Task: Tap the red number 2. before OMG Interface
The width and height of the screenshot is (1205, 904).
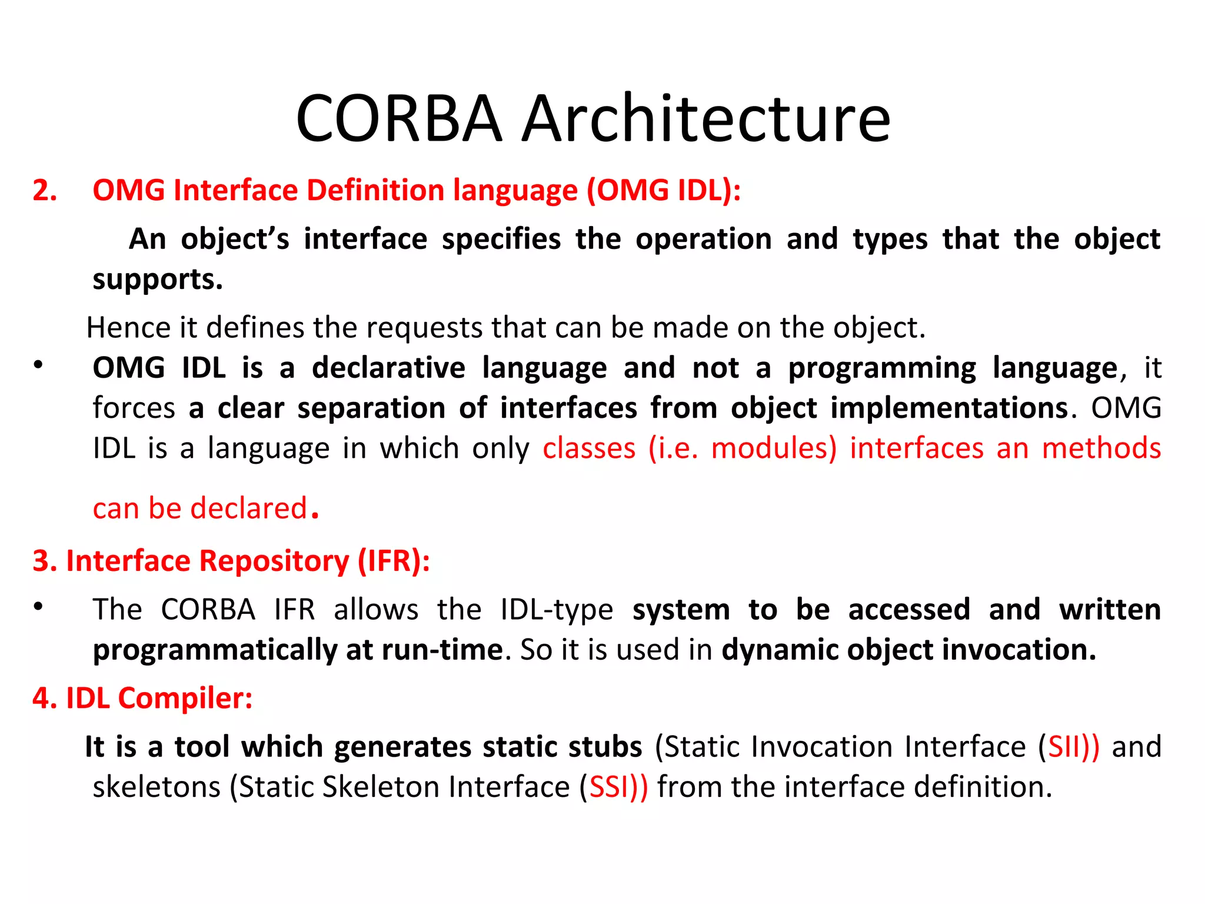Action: [x=45, y=191]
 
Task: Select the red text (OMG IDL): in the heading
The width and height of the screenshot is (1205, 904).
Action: [x=664, y=191]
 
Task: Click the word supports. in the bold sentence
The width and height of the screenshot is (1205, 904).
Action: [x=158, y=279]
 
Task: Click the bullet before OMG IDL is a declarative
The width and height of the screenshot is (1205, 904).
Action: [x=38, y=365]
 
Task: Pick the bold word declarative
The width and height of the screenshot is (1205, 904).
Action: [x=388, y=368]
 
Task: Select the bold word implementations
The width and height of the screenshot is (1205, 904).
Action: [x=949, y=408]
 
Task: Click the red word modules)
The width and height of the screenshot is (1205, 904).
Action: [x=773, y=448]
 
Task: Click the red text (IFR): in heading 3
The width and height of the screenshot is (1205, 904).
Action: [x=394, y=561]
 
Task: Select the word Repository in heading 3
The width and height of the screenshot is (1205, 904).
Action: [x=274, y=561]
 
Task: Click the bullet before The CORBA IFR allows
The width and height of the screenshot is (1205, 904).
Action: [x=38, y=607]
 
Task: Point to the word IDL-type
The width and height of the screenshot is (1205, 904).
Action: [x=557, y=610]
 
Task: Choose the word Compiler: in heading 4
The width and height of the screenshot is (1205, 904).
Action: [x=185, y=699]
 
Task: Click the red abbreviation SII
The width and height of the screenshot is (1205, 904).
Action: [x=1064, y=747]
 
